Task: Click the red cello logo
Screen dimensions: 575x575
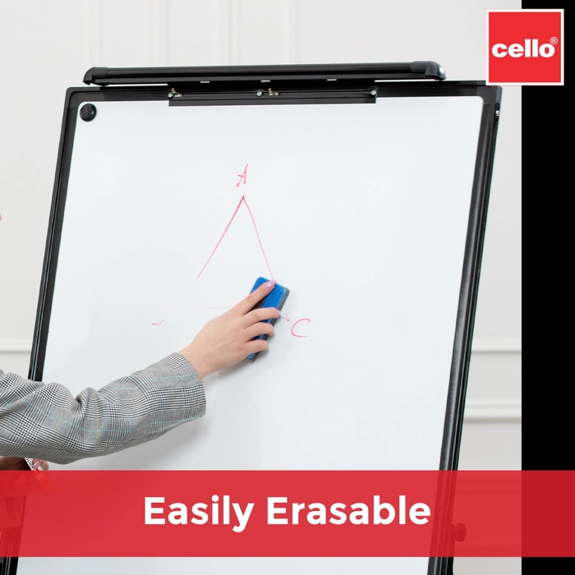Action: point(525,48)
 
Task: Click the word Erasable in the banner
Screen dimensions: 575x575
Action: point(348,510)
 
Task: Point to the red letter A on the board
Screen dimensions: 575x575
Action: point(242,175)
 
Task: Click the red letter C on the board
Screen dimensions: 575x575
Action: point(301,328)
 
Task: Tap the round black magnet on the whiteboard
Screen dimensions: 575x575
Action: point(88,112)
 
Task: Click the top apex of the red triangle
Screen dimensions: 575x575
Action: point(243,196)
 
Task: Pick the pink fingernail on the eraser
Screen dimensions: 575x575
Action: point(272,283)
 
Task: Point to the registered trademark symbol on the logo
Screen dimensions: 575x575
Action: point(554,40)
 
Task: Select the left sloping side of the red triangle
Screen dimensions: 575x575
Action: point(220,237)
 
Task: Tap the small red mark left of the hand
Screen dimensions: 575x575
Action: point(158,323)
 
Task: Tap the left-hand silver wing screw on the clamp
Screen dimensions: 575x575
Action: point(174,93)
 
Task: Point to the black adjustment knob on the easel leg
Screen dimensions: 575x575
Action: point(458,532)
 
